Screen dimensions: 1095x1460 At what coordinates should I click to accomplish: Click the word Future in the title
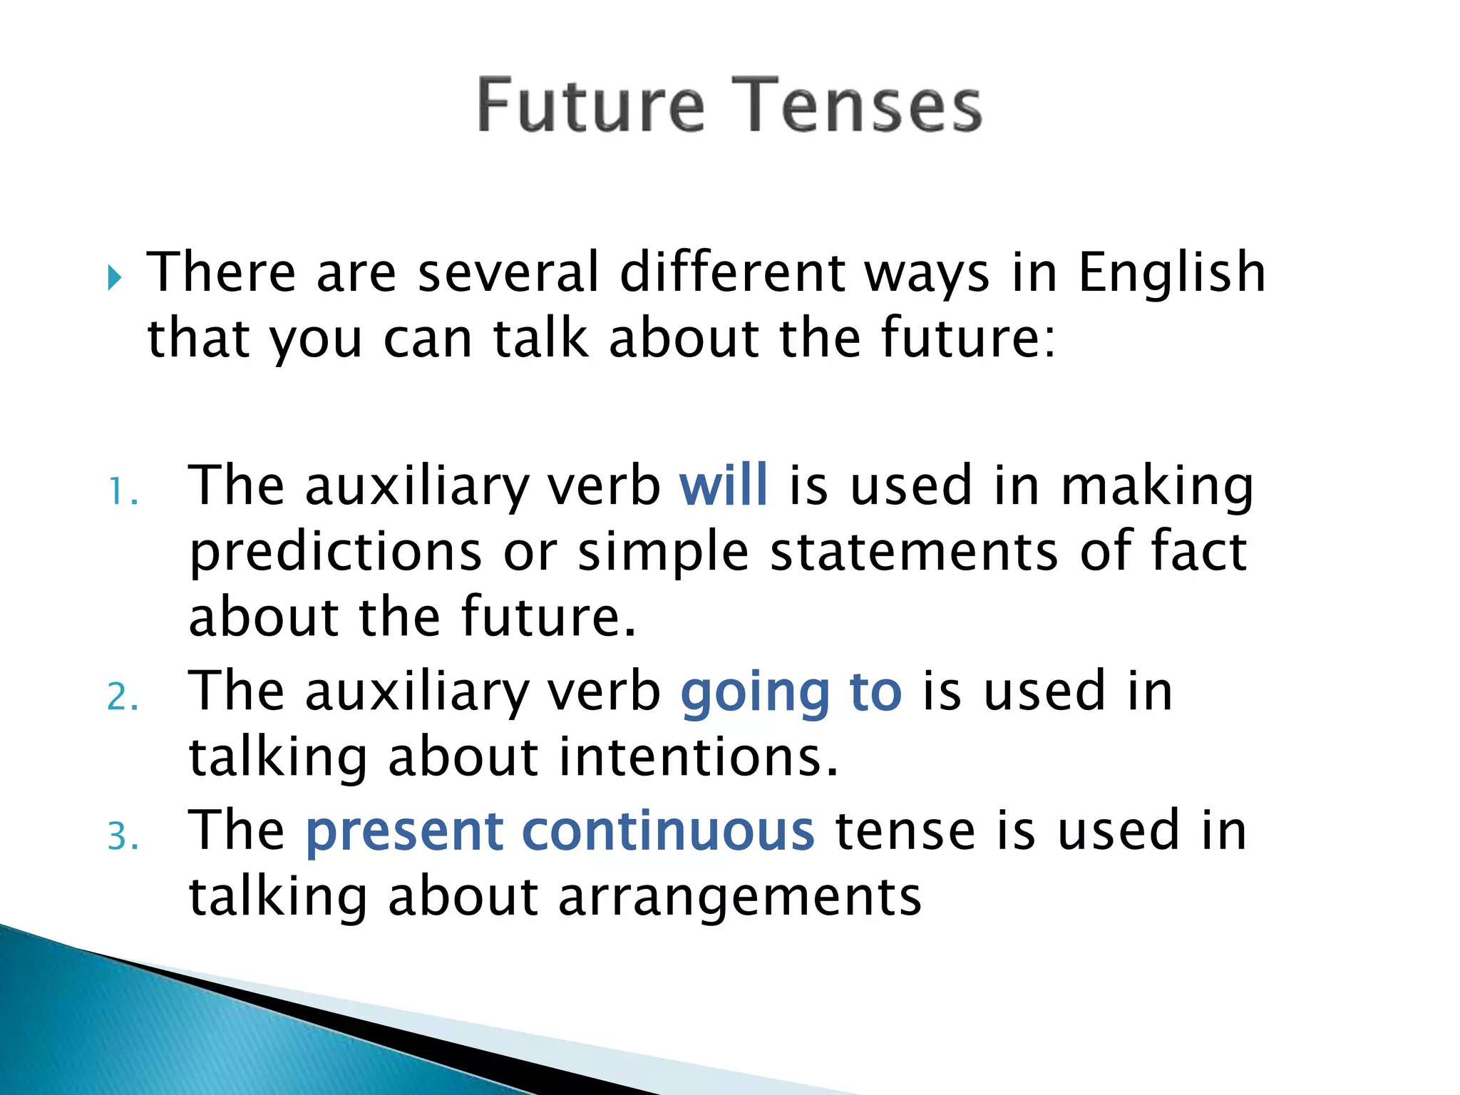[x=591, y=106]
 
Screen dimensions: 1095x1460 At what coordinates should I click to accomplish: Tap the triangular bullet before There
[x=115, y=277]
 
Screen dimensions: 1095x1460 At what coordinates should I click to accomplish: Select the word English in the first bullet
[x=1171, y=273]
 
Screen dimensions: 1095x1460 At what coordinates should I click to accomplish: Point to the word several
[x=508, y=273]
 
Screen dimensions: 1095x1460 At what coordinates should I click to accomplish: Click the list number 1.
[x=121, y=493]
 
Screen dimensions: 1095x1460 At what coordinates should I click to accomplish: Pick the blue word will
[x=724, y=485]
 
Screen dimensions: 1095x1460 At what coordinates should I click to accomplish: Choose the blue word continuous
[x=668, y=831]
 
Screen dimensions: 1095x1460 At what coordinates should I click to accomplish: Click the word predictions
[x=336, y=552]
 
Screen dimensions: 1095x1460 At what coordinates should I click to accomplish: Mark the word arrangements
[x=739, y=898]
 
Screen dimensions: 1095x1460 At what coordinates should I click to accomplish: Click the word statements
[x=914, y=552]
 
